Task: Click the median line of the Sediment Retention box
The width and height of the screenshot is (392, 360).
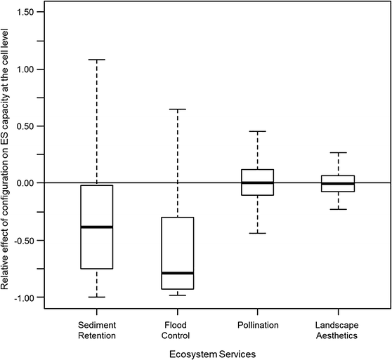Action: click(x=96, y=227)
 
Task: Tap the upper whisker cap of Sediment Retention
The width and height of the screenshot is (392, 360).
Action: click(x=96, y=60)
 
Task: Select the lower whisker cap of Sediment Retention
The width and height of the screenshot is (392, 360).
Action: click(x=96, y=297)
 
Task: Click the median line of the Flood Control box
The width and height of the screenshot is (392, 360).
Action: click(x=177, y=272)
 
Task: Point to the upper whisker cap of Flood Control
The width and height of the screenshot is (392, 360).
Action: click(x=177, y=109)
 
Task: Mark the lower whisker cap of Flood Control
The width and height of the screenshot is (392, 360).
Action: click(x=177, y=295)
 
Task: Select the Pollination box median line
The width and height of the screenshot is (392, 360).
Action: click(x=258, y=182)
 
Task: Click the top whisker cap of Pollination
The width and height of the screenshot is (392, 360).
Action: click(x=258, y=131)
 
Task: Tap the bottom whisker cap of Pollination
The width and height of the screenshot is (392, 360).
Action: click(x=258, y=233)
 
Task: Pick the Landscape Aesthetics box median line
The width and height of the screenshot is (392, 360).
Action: click(x=339, y=183)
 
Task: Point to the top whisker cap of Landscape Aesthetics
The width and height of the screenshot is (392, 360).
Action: click(x=339, y=152)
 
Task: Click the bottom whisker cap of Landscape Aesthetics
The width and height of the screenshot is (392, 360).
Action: click(x=339, y=209)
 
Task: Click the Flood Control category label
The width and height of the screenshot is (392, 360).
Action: click(x=177, y=330)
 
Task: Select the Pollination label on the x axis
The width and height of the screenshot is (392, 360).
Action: click(x=258, y=325)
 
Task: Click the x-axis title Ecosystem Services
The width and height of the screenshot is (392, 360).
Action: click(x=217, y=352)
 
